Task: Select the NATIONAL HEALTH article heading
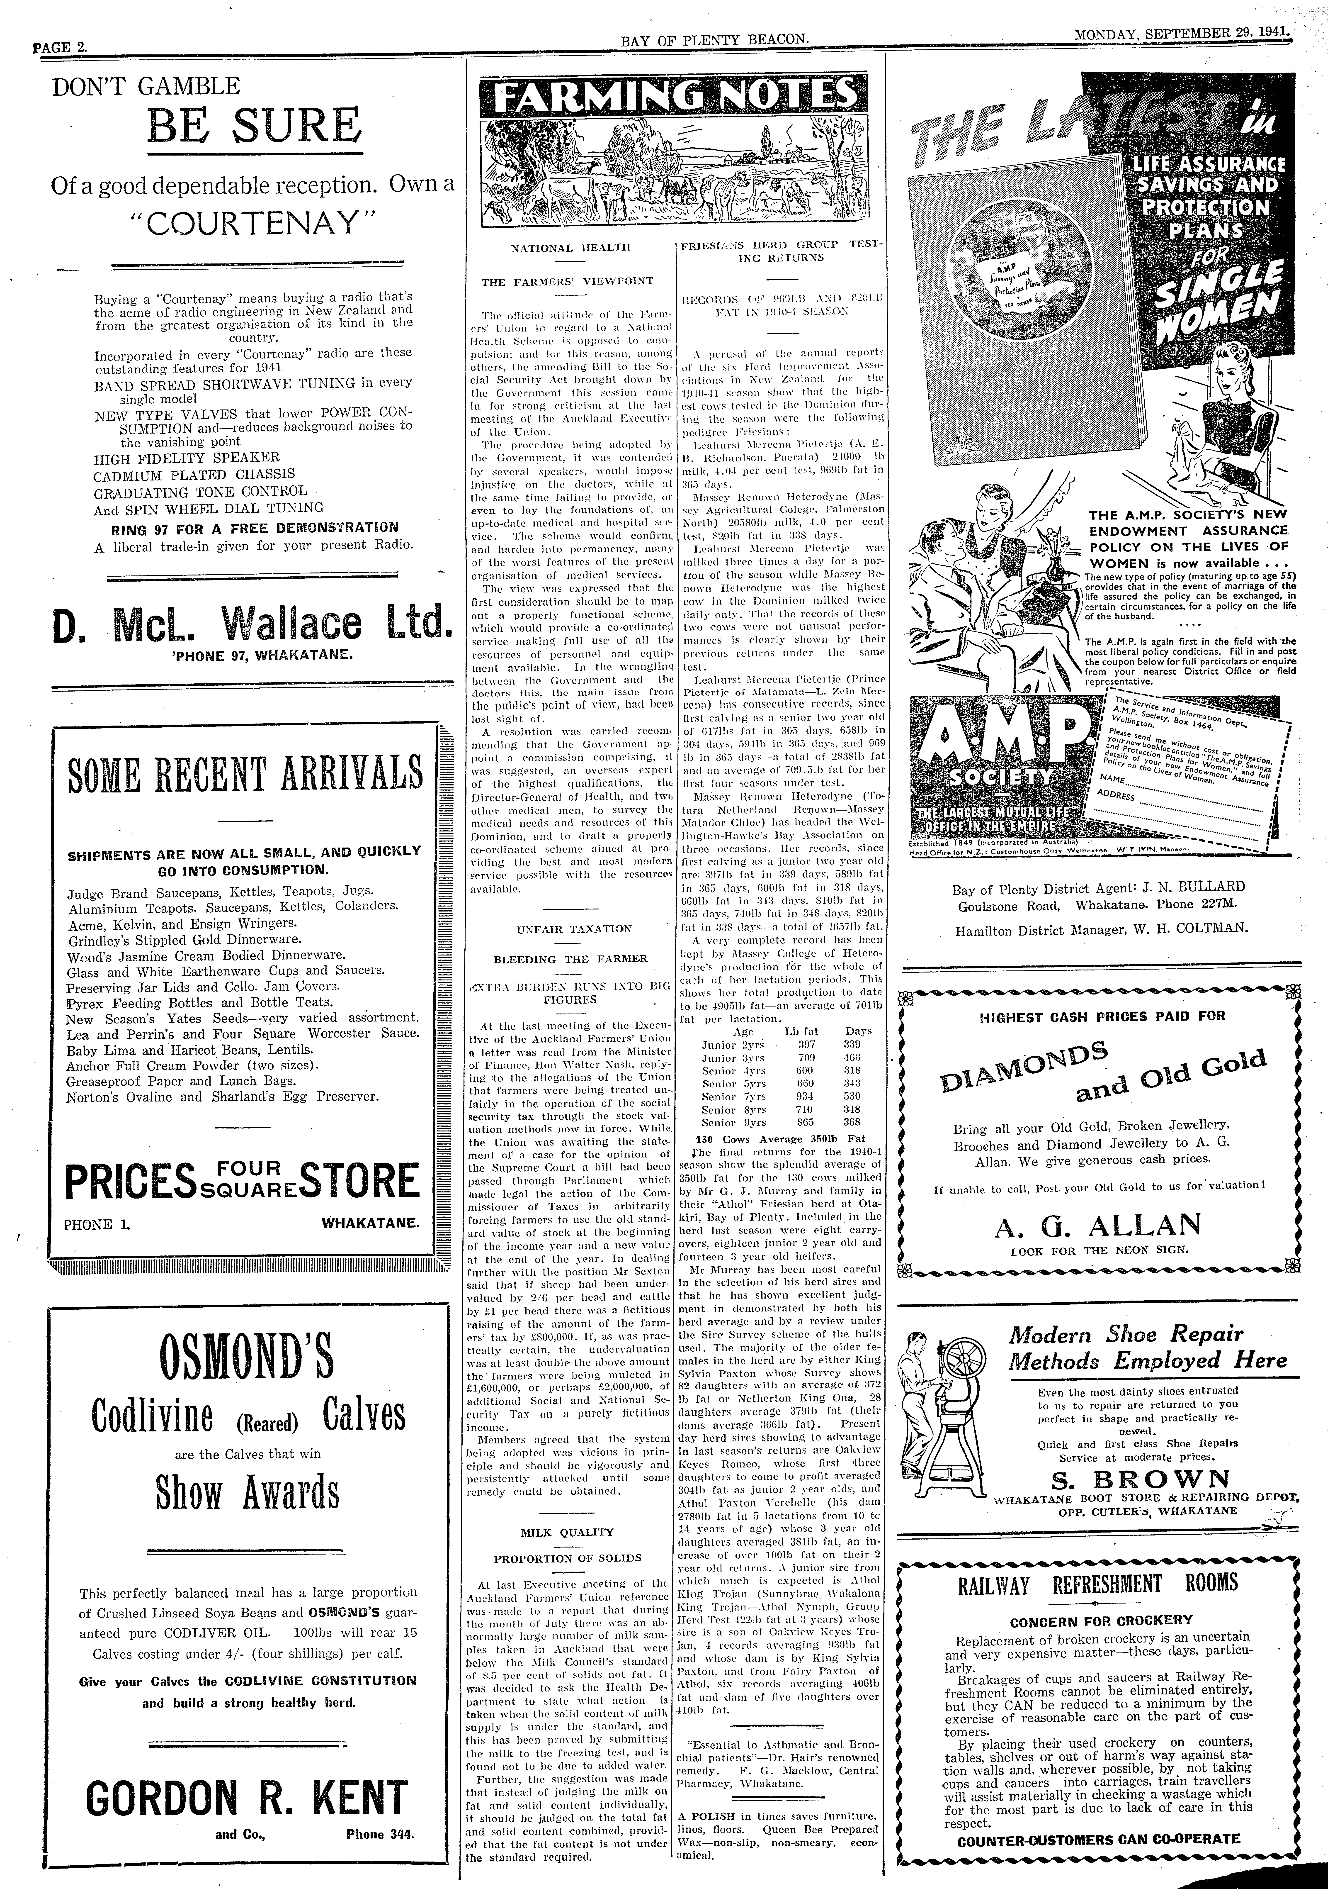pos(570,247)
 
